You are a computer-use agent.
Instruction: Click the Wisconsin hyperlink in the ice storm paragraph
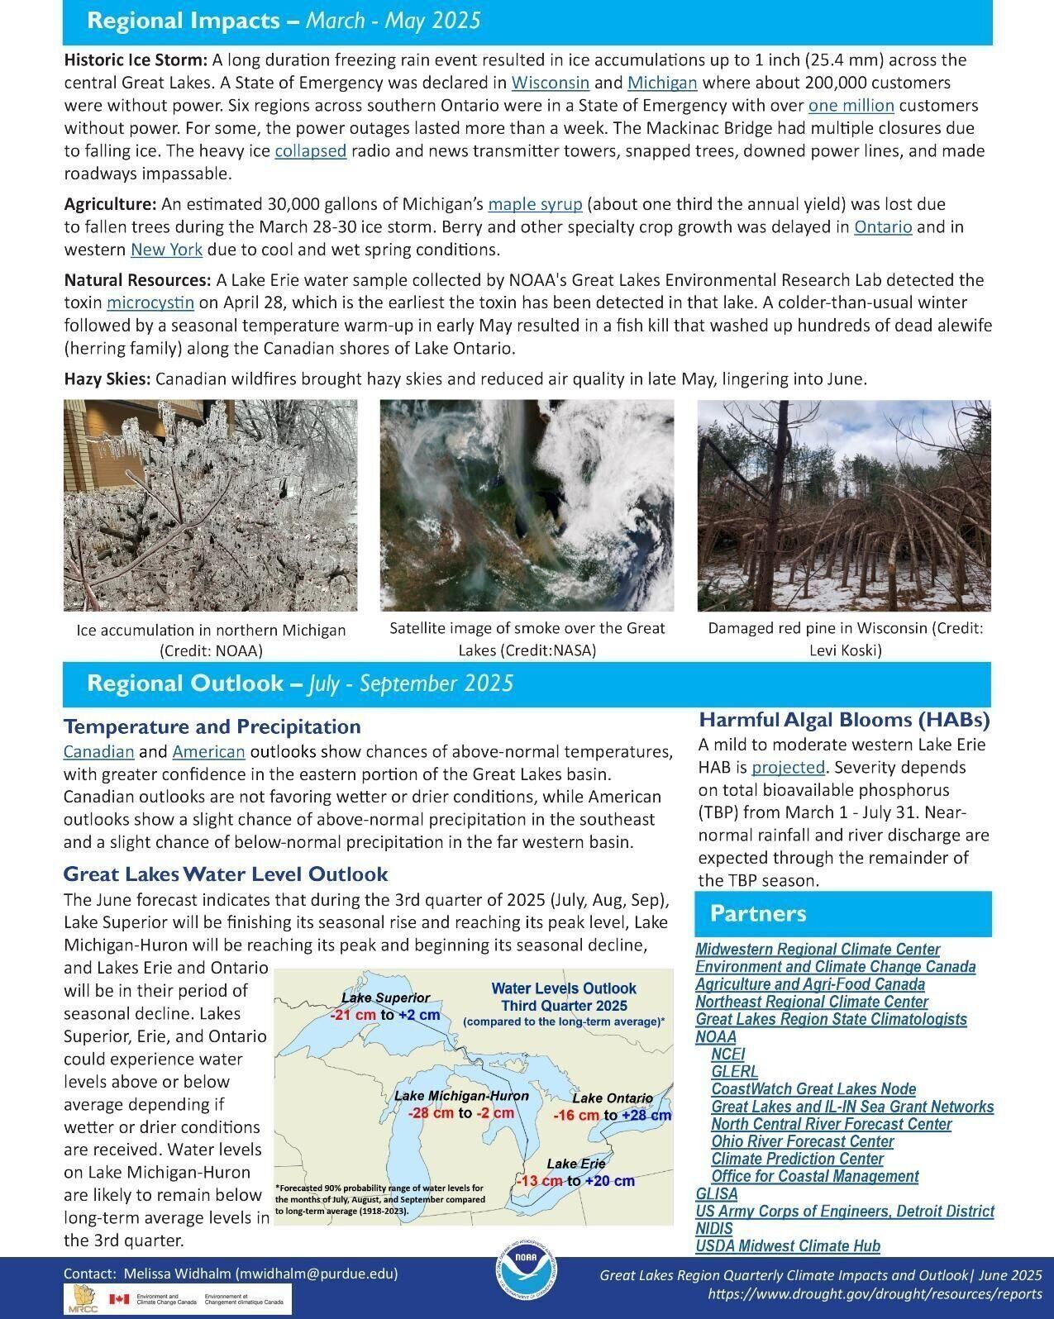(550, 83)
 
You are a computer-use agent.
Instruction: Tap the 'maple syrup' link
(535, 204)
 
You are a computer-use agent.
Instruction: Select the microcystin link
(150, 302)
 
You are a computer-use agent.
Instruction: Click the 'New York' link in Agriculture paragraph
(166, 250)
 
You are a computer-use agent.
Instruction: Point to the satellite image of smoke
(527, 505)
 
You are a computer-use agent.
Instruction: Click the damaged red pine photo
(843, 505)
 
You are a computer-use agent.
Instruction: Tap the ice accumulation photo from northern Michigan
(210, 505)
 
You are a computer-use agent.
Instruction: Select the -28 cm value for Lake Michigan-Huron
(430, 1113)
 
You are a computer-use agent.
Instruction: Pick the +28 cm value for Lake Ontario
(646, 1116)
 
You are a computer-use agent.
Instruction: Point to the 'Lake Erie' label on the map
(575, 1164)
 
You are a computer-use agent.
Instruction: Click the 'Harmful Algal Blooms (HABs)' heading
(844, 720)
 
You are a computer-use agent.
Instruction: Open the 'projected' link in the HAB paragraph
(788, 767)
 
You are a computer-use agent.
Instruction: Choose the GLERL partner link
(734, 1072)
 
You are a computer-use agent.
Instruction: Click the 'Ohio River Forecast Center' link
(802, 1141)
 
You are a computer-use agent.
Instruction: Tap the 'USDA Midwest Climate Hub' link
(787, 1245)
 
